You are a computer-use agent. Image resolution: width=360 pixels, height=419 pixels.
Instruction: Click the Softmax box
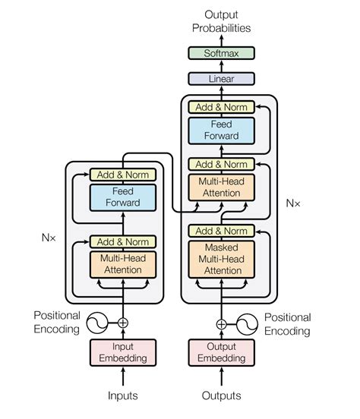coord(221,53)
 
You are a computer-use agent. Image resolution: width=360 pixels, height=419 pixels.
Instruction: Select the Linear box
coord(221,79)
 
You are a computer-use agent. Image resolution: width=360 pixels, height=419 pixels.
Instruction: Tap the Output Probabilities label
coord(221,21)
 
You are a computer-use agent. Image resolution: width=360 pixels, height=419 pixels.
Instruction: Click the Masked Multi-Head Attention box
coord(221,259)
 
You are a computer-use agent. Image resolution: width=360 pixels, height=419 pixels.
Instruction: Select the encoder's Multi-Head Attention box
coord(122,264)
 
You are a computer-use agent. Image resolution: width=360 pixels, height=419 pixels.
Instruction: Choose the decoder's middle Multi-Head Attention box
coord(221,187)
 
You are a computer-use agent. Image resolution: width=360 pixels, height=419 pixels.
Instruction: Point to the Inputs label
coord(122,395)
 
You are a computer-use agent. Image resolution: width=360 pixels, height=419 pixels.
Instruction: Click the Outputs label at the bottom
coord(221,395)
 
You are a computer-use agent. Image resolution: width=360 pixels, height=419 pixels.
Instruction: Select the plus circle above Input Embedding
coord(122,323)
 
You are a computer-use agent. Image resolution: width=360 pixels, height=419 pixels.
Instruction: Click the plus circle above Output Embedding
coord(221,324)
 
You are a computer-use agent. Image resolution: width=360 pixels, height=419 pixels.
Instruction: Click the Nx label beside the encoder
coord(48,236)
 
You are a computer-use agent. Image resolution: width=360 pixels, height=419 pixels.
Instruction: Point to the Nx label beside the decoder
coord(293,203)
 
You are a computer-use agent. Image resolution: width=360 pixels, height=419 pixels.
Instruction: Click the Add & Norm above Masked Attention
coord(221,231)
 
